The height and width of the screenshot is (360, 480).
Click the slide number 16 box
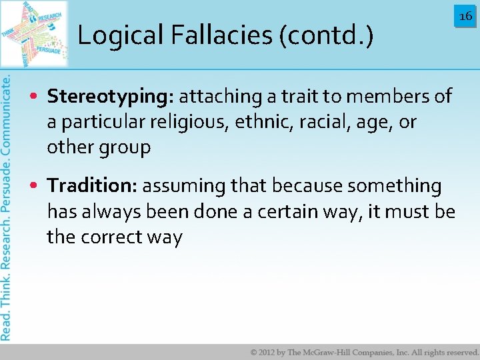465,15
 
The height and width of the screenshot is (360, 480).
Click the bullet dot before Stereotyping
34,97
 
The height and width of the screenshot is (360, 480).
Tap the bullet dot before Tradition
34,186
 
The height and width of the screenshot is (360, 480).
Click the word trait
299,97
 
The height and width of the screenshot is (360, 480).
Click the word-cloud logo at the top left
35,33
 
